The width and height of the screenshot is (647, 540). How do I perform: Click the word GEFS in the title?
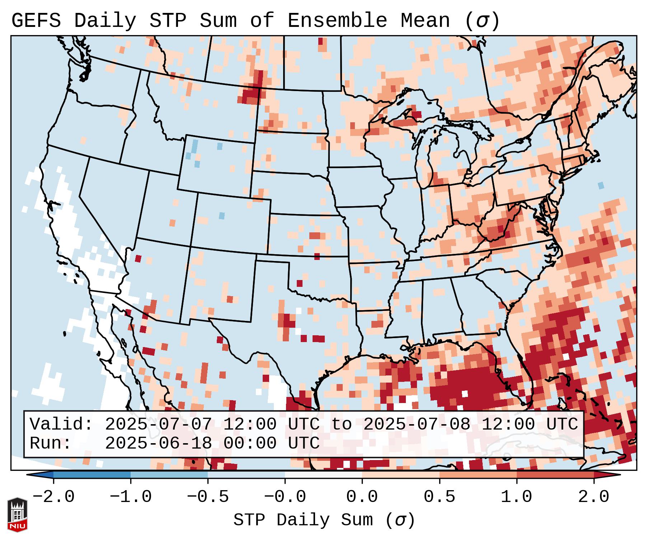36,21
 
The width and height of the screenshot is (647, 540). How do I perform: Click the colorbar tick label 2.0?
594,497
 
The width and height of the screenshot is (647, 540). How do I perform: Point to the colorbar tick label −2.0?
53,497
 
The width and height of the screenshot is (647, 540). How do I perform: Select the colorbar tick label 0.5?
439,497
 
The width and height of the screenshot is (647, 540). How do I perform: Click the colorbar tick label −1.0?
130,497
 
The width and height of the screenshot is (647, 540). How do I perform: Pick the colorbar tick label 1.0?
516,497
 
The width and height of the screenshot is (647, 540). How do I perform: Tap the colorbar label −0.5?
208,497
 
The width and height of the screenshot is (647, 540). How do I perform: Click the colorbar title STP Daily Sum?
303,520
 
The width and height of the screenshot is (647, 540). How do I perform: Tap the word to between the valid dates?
341,424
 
